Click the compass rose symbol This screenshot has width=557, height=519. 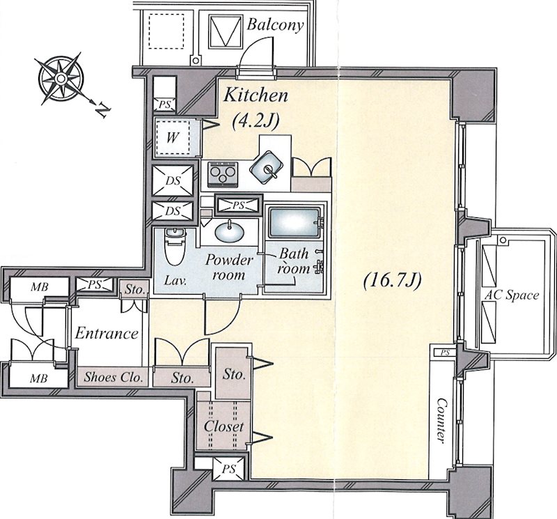coord(61,78)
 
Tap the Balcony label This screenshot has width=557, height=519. coord(275,25)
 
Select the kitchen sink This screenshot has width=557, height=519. coord(267,167)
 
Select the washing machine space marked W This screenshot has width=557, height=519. coord(173,137)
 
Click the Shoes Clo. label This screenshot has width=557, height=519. coord(113,376)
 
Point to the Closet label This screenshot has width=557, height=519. coord(223,426)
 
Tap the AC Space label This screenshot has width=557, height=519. coord(512,295)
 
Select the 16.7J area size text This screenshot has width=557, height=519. coord(392,281)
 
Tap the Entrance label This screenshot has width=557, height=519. coord(107,334)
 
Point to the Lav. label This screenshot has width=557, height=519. coord(175,281)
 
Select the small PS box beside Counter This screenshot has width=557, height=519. coord(444,353)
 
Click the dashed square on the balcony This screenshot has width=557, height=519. coord(166,31)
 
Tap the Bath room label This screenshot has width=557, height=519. coord(294,261)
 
